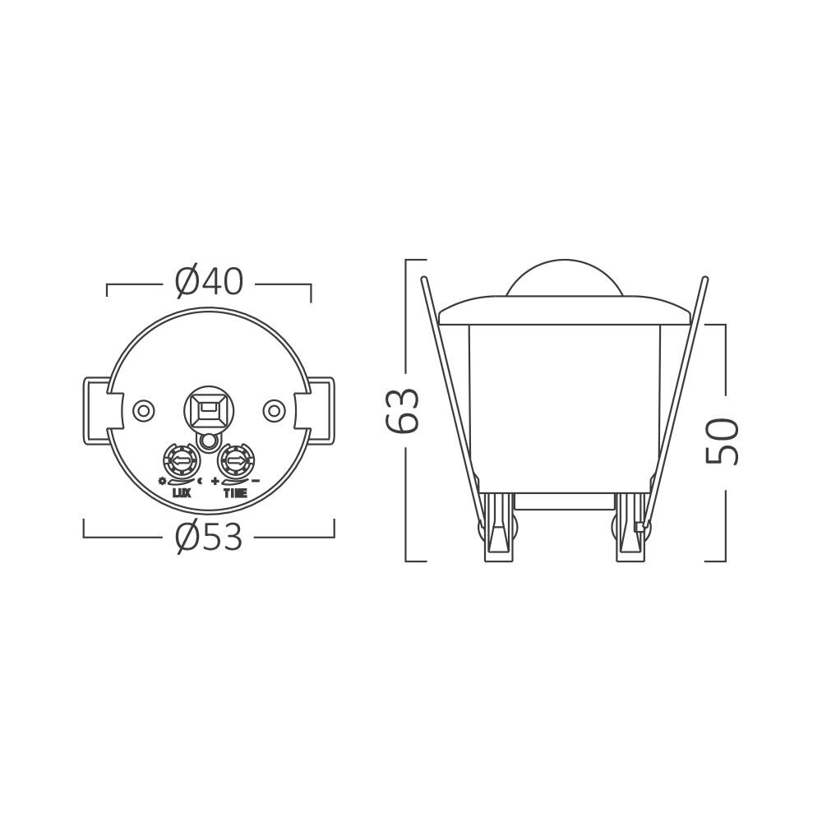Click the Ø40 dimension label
pyautogui.click(x=209, y=283)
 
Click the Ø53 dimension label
pyautogui.click(x=209, y=538)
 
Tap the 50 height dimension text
pyautogui.click(x=723, y=441)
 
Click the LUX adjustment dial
pyautogui.click(x=180, y=459)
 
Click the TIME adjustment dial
pyautogui.click(x=236, y=459)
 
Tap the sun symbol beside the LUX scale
pyautogui.click(x=163, y=480)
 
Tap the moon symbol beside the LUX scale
pyautogui.click(x=200, y=480)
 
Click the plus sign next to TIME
pyautogui.click(x=215, y=480)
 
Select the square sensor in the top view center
pyautogui.click(x=209, y=406)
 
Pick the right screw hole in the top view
pyautogui.click(x=274, y=409)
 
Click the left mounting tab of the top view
pyautogui.click(x=96, y=409)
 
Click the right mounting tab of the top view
pyautogui.click(x=321, y=409)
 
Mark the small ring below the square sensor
pyautogui.click(x=209, y=442)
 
